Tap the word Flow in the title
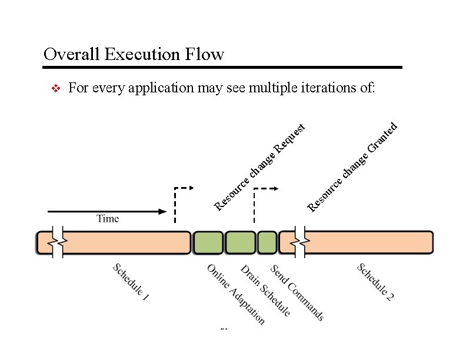[x=207, y=55]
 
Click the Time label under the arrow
[x=108, y=219]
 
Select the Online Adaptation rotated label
[x=236, y=294]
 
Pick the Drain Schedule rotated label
[x=265, y=291]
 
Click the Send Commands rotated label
[x=297, y=292]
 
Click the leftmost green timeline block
[x=208, y=242]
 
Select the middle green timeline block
[x=240, y=242]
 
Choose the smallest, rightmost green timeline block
[x=267, y=242]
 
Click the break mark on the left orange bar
[x=57, y=242]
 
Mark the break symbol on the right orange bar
[x=300, y=242]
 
